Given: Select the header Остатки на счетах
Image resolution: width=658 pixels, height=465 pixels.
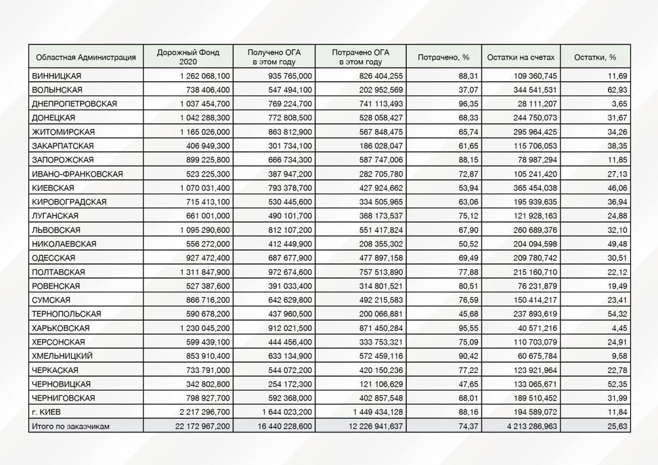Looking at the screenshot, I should tap(524, 57).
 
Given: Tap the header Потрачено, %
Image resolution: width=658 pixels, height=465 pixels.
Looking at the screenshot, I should tap(443, 57).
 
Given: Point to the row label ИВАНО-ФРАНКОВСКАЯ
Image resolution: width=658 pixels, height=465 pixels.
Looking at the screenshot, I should tap(77, 174).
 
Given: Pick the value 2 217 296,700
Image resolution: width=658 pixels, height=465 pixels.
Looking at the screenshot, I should tap(206, 412).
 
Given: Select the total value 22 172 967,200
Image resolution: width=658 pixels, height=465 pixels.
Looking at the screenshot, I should tap(202, 426).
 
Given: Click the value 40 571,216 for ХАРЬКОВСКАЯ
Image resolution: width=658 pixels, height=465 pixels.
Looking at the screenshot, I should tap(533, 328).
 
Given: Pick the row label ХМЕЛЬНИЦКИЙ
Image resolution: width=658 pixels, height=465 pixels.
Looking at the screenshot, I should tap(62, 355).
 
